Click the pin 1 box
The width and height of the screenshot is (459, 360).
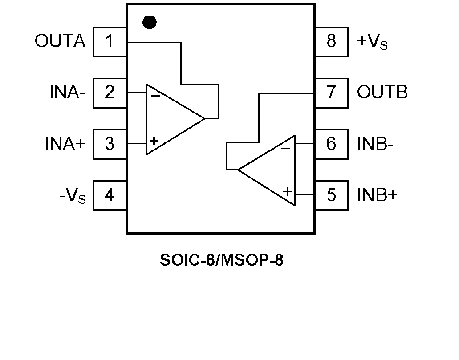[110, 41]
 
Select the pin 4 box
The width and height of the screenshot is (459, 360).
[110, 195]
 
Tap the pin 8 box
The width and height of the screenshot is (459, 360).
[331, 41]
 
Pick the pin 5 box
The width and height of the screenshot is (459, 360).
[331, 195]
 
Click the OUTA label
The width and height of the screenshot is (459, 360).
[60, 41]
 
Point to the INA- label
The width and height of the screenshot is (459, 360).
[67, 93]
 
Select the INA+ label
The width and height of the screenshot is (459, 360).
[65, 144]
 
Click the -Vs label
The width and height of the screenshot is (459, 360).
[72, 196]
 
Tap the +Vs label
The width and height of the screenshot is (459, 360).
[372, 42]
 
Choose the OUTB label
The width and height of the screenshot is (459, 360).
[382, 93]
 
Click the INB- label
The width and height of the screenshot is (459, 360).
[375, 144]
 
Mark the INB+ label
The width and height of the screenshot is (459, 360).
[377, 195]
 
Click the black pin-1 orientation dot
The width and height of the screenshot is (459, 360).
[150, 22]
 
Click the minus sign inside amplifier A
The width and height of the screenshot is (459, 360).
[155, 95]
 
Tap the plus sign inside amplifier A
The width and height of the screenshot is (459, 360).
[154, 141]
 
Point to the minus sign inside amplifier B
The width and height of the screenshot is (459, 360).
[286, 148]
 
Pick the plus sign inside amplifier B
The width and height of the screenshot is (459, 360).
[288, 192]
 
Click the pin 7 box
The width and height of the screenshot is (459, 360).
[331, 93]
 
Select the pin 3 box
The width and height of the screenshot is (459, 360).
[110, 144]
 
